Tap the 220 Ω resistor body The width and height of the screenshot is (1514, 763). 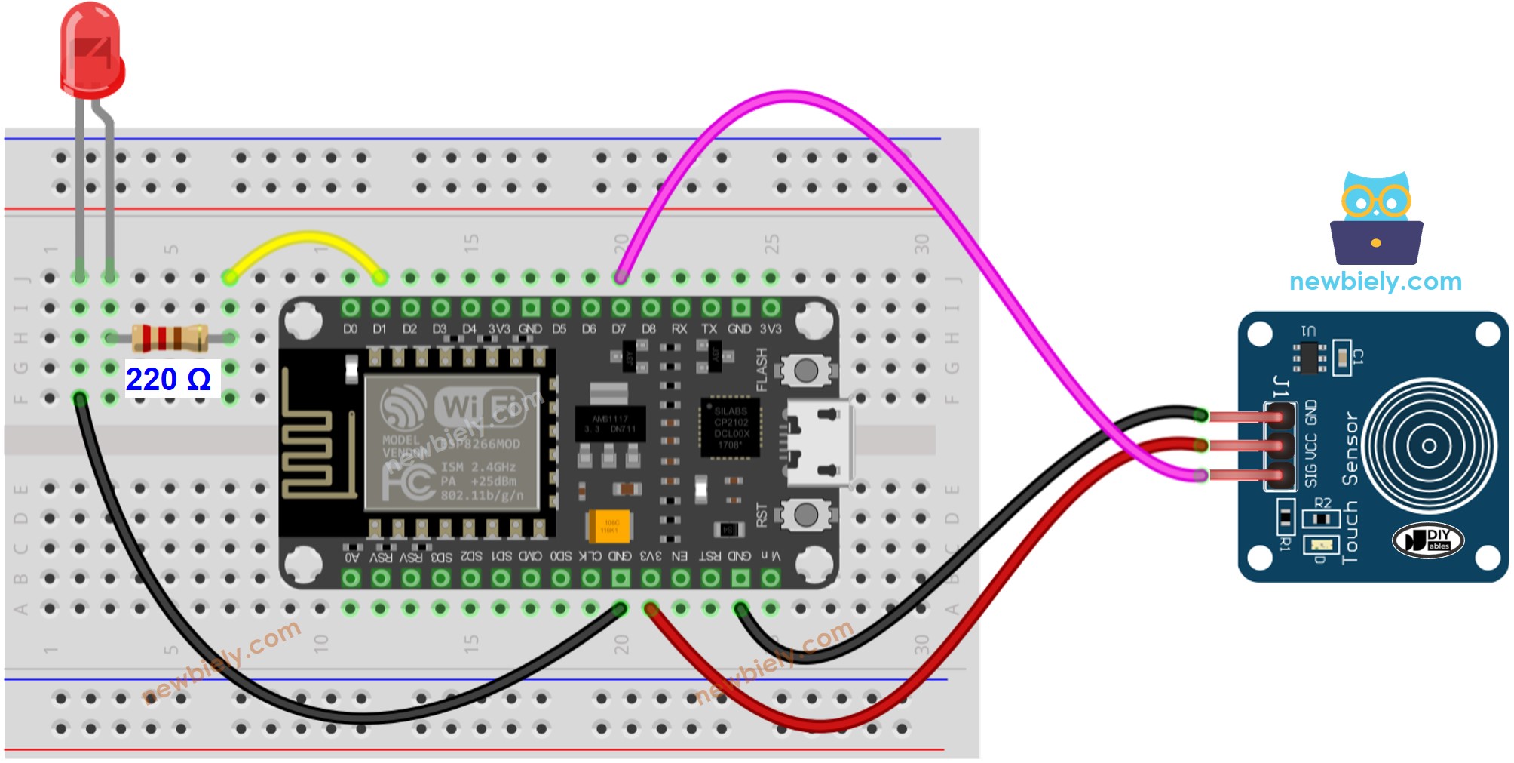170,337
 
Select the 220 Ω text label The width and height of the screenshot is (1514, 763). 168,379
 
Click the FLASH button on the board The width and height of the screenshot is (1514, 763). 805,370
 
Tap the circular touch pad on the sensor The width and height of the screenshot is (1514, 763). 1428,445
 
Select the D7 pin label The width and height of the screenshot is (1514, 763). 619,329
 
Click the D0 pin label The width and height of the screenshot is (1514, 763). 350,329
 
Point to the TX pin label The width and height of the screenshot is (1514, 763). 709,329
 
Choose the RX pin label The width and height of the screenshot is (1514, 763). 679,329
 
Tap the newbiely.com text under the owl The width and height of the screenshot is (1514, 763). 1375,282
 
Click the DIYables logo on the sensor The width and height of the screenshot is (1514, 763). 1428,540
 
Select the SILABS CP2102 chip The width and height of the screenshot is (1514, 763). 730,428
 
